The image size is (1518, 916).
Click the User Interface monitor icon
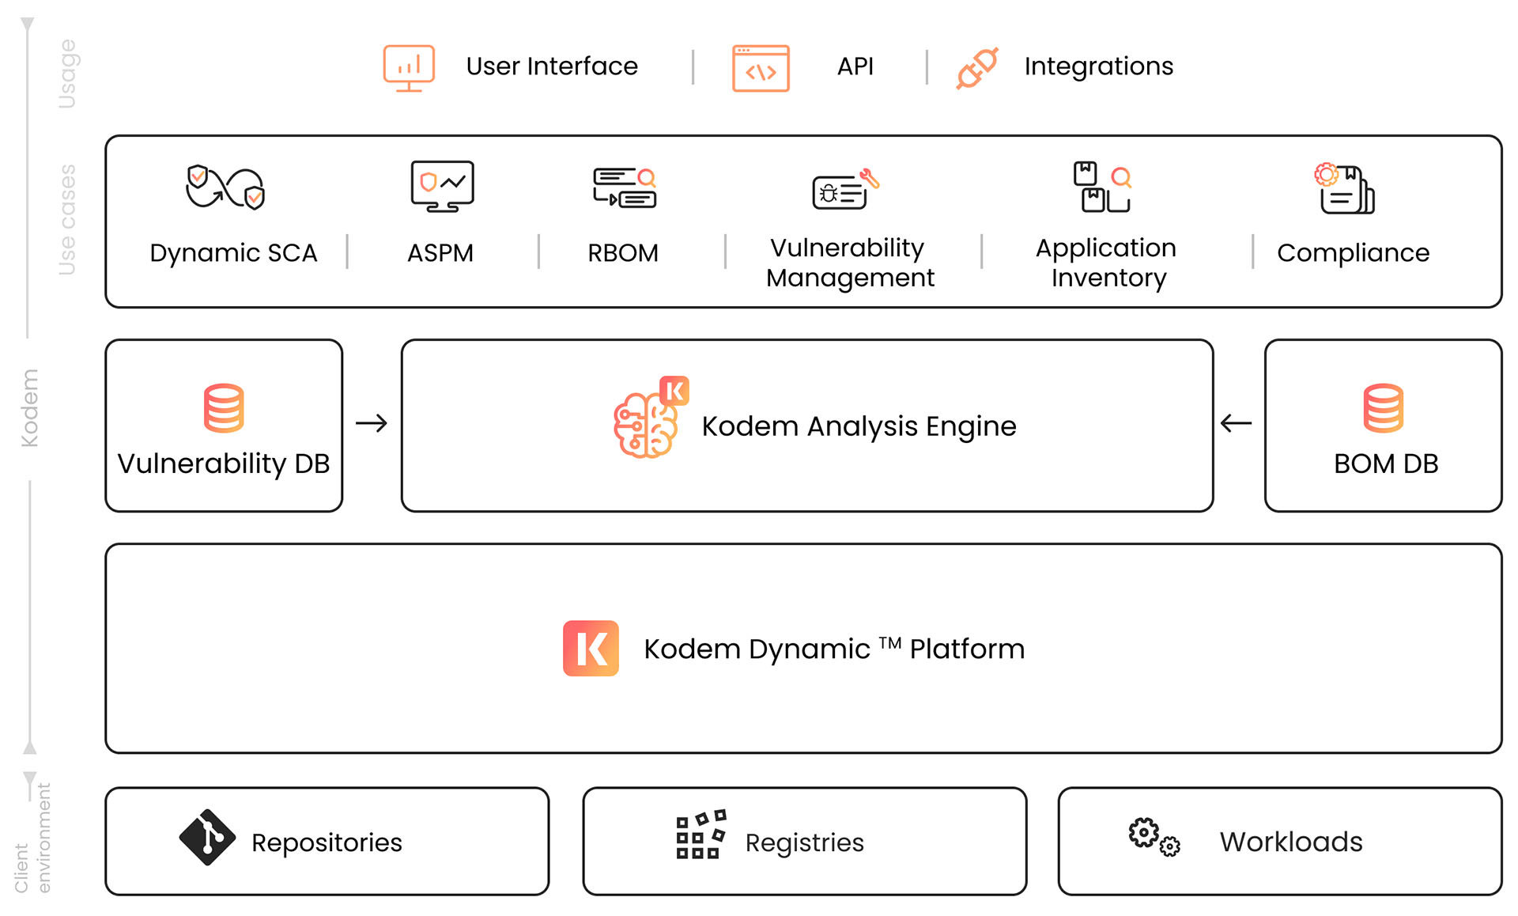pos(409,67)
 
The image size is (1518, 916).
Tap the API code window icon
pos(761,68)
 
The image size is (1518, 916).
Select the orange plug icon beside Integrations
pos(977,68)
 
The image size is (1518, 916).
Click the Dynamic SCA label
pos(233,253)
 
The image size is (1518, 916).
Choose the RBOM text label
pos(623,253)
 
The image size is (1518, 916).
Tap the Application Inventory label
pos(1106,263)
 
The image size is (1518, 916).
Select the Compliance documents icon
pos(1345,189)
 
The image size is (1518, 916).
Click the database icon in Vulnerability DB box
pos(224,408)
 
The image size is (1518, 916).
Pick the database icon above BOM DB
pos(1383,408)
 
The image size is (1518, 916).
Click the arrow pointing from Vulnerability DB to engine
pos(372,424)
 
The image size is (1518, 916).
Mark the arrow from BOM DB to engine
pos(1236,424)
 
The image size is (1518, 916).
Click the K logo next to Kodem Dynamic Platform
pos(591,649)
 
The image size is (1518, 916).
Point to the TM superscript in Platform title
pos(889,642)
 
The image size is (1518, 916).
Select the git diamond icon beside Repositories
pos(207,837)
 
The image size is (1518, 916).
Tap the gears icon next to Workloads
pos(1154,837)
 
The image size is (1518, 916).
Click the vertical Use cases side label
pos(67,220)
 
